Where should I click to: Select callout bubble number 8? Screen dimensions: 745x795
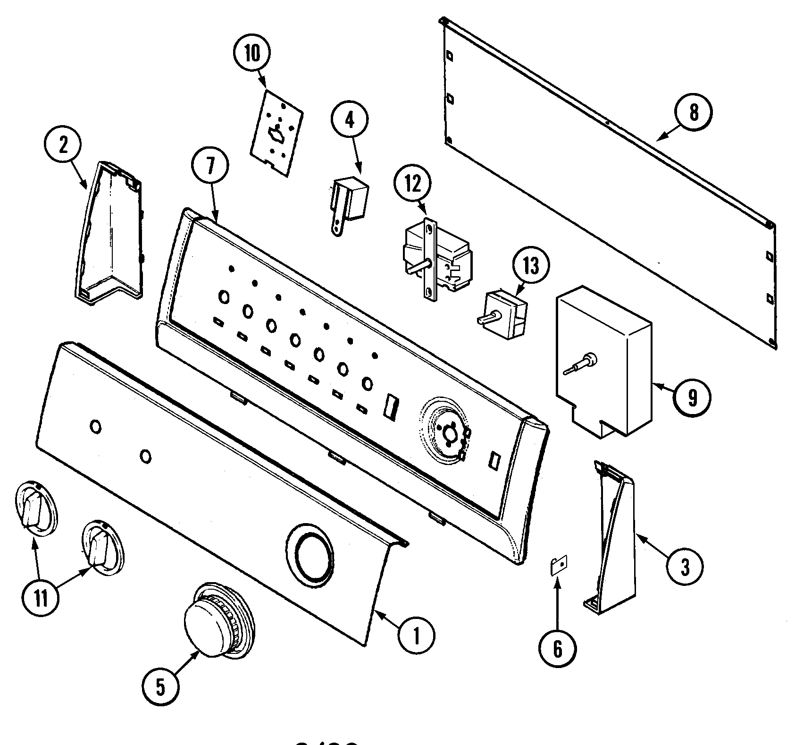[x=693, y=113]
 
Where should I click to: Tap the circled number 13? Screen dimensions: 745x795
[x=531, y=266]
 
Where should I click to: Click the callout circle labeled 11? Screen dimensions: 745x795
[x=41, y=598]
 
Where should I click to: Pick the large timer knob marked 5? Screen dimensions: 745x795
[x=217, y=621]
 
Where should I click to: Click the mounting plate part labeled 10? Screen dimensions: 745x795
[x=276, y=133]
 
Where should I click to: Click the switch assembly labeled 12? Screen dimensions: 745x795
[x=436, y=257]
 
